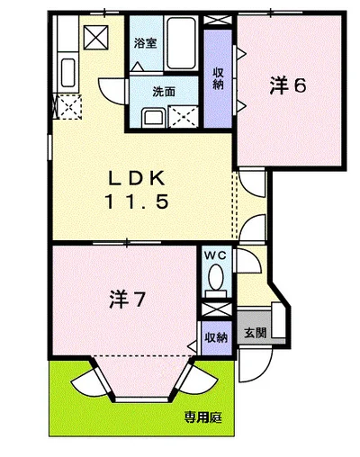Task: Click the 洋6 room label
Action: coord(288,86)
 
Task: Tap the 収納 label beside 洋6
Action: coord(218,78)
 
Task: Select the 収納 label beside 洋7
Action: coord(214,337)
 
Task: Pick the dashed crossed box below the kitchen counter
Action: coord(67,106)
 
